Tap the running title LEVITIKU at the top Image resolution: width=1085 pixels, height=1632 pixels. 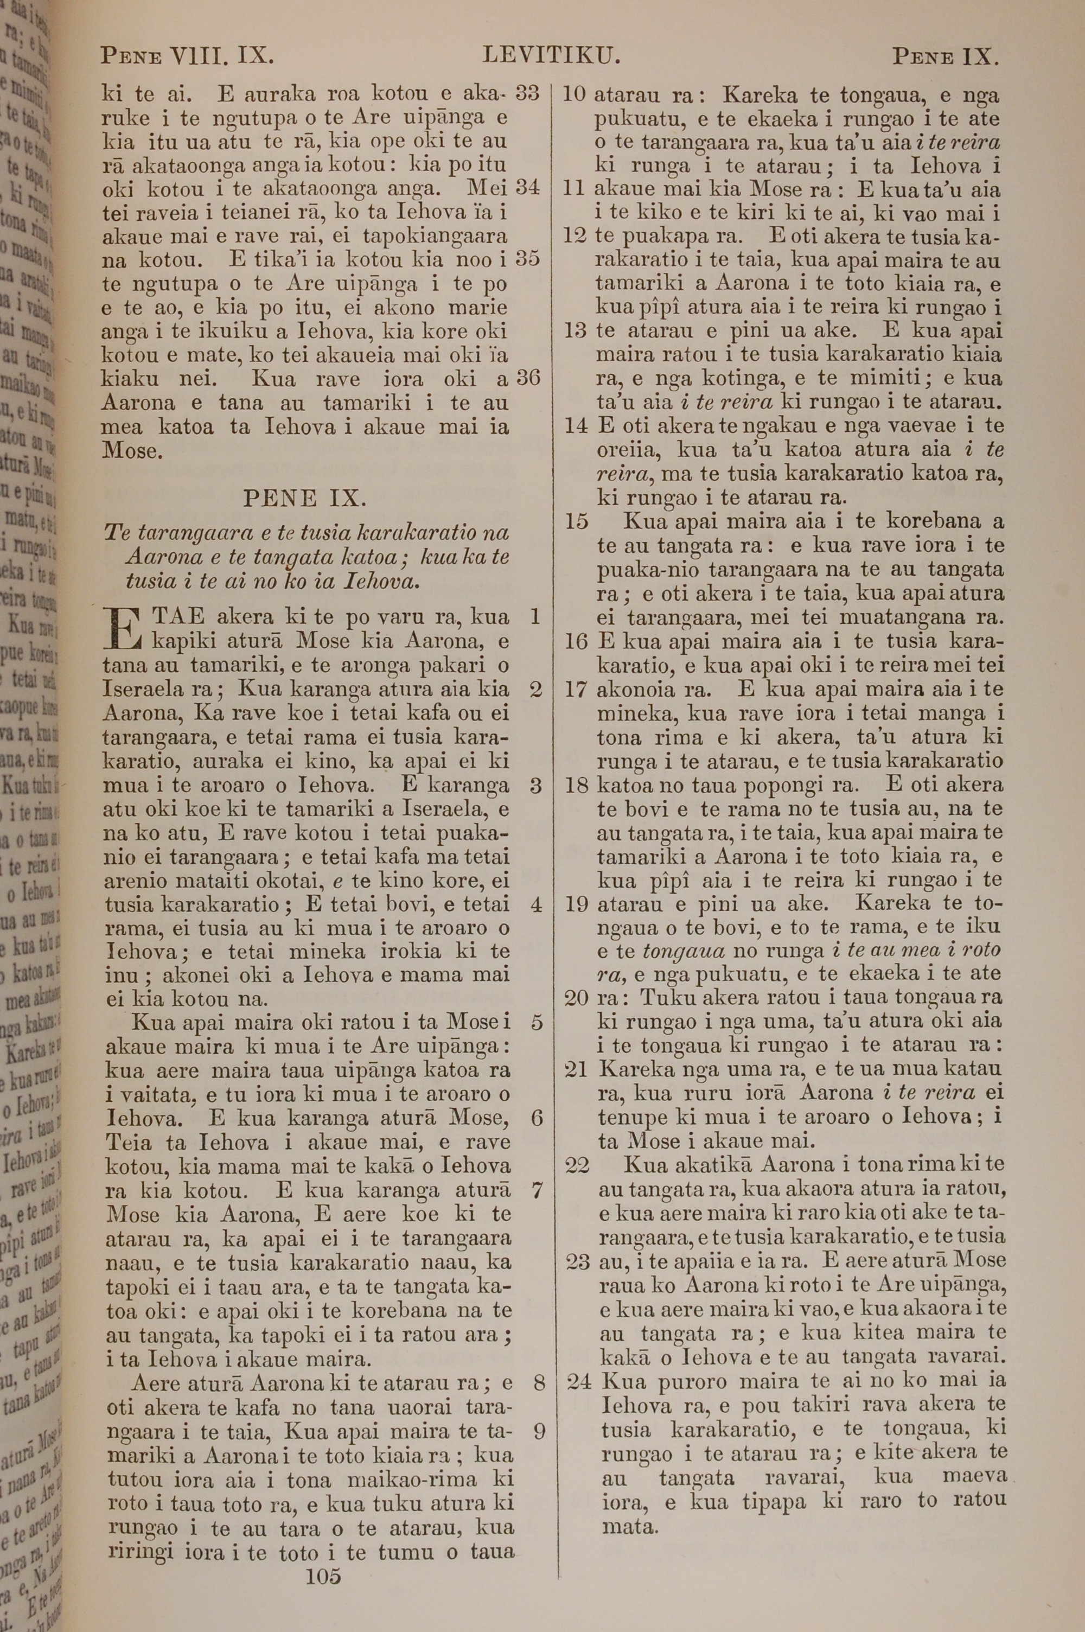550,55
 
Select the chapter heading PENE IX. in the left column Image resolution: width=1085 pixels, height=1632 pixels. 305,498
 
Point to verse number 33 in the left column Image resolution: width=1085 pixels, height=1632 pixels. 527,93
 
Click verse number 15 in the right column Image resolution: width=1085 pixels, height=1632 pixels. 576,521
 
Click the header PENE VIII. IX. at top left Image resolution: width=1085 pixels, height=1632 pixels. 188,55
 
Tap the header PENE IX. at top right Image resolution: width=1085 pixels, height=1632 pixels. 944,55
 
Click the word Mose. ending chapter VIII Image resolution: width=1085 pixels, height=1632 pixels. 131,451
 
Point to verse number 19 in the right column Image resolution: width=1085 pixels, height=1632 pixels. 576,903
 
